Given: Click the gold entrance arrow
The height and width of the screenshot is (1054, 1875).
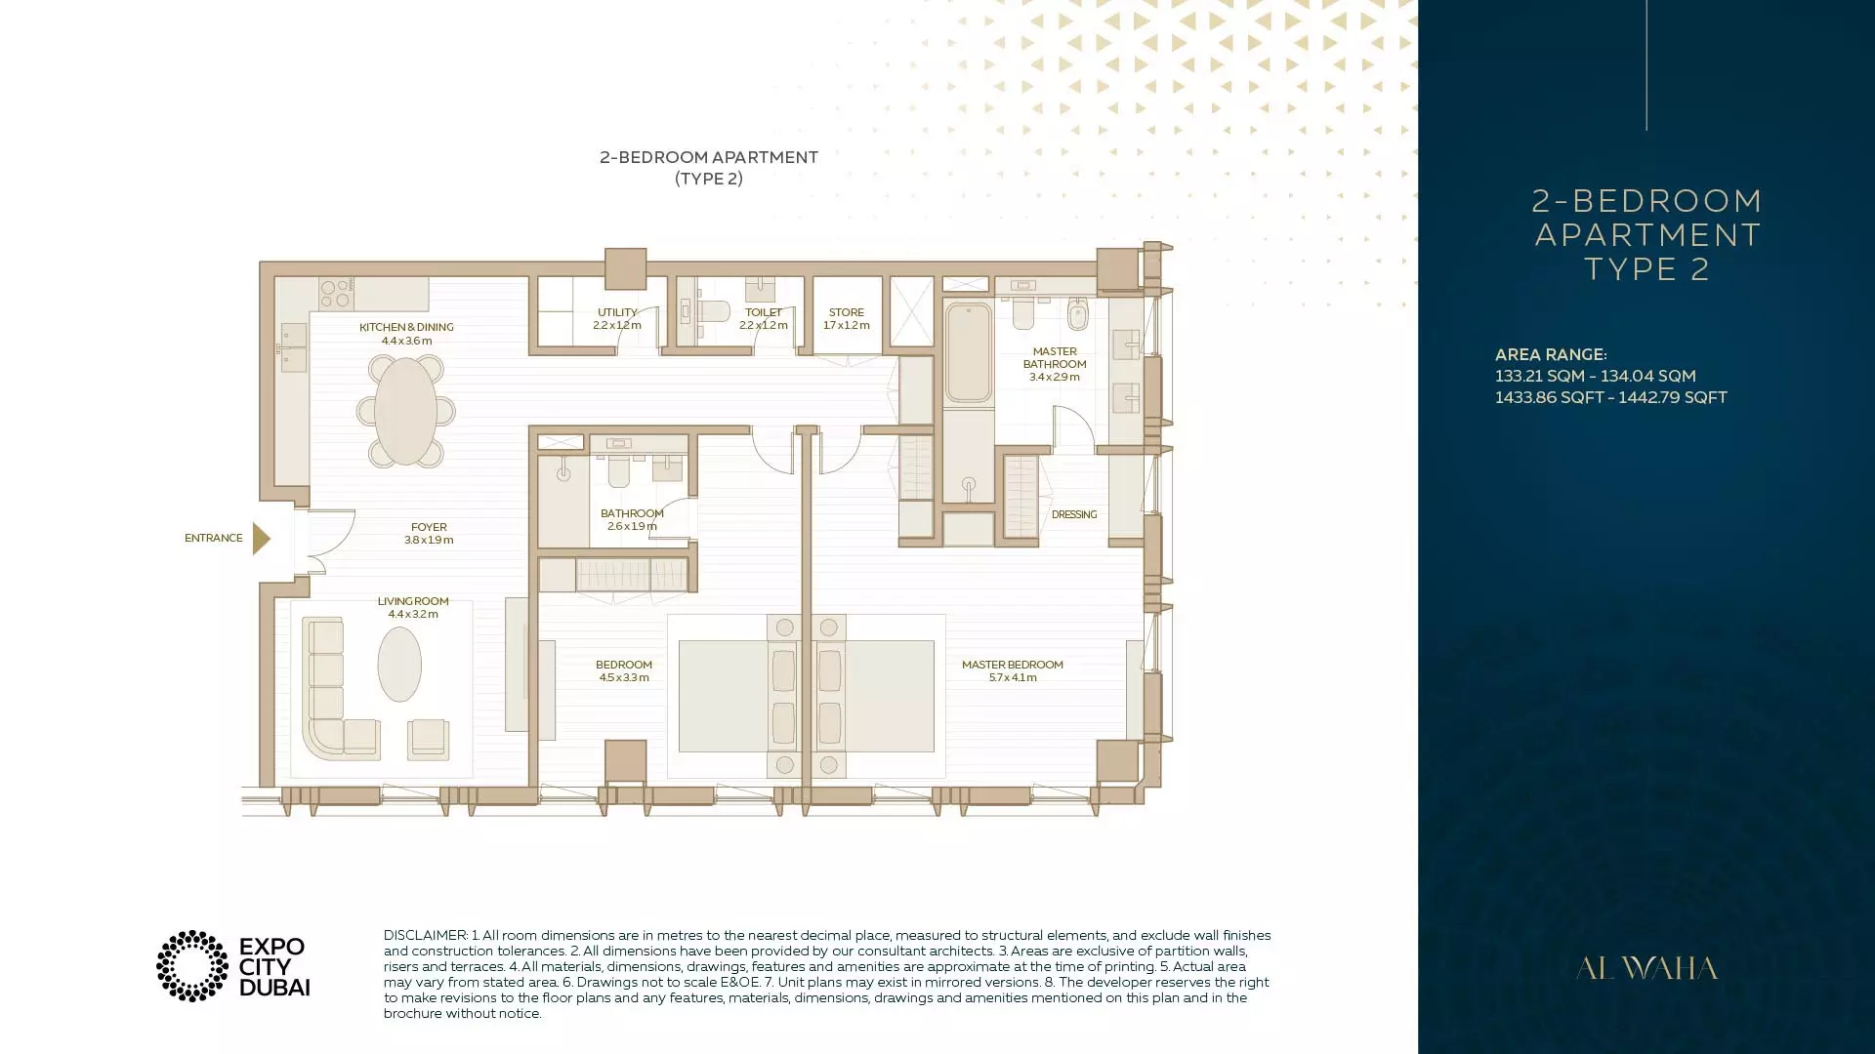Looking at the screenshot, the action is [x=261, y=539].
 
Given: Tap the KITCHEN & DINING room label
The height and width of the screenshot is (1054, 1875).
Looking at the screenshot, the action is [x=406, y=328].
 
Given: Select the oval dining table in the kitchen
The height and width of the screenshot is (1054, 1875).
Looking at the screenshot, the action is [x=405, y=411].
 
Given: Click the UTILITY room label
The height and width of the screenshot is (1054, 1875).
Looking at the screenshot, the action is [x=617, y=313].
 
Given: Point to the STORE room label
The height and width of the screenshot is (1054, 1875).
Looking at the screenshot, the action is [x=847, y=313].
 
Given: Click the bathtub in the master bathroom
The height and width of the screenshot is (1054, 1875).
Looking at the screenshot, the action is [x=968, y=352].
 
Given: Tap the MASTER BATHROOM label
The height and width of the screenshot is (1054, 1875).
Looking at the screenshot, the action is [x=1055, y=358].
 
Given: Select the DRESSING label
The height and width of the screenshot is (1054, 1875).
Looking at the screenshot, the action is [x=1074, y=515].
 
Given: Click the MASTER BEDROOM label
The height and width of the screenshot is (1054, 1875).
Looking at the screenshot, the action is [x=1013, y=666].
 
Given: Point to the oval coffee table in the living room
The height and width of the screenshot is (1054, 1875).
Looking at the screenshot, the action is [x=399, y=664].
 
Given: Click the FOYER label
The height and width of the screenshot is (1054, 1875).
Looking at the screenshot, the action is [x=429, y=527].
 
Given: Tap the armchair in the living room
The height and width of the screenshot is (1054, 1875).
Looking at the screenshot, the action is [x=429, y=739].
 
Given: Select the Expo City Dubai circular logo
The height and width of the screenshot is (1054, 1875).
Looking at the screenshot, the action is [x=192, y=966].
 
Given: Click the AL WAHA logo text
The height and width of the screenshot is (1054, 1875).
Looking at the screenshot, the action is [x=1646, y=968].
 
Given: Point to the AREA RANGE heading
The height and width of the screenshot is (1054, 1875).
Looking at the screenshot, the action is [x=1551, y=355].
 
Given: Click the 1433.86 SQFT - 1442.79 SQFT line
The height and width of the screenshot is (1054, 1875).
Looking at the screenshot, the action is [x=1611, y=398].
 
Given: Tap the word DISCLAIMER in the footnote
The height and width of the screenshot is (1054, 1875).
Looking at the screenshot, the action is [x=426, y=936].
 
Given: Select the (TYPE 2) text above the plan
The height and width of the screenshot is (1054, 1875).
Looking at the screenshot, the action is [x=709, y=179].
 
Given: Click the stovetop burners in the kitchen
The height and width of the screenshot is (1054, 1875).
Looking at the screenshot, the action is [x=336, y=294].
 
